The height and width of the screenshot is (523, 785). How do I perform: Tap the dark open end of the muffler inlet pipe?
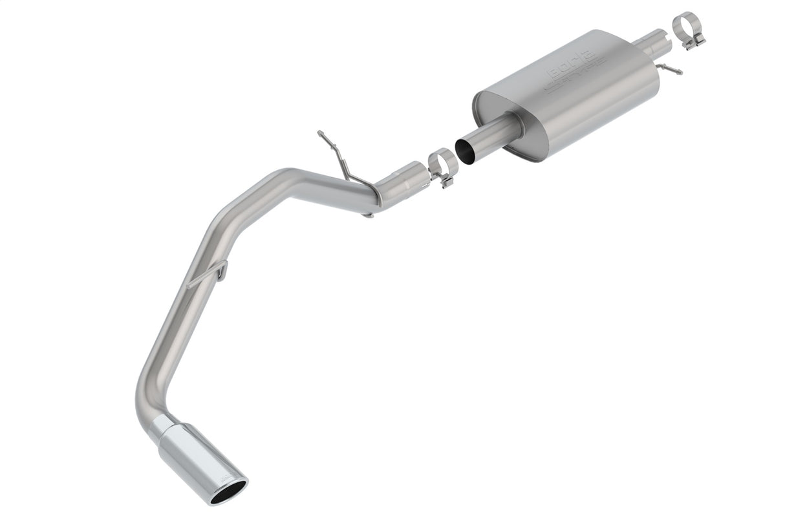465,148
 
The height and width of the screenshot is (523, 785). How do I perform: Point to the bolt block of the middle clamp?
446,179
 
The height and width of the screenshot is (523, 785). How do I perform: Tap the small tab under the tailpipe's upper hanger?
368,214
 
